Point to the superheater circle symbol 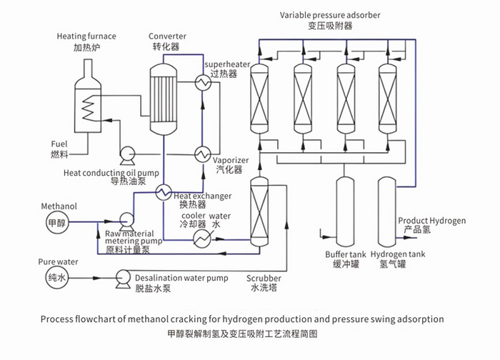click(201, 83)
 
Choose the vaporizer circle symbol click(201, 154)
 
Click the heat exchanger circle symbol click(164, 191)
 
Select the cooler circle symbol click(201, 239)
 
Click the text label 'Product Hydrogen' click(431, 221)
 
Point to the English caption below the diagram click(243, 319)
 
